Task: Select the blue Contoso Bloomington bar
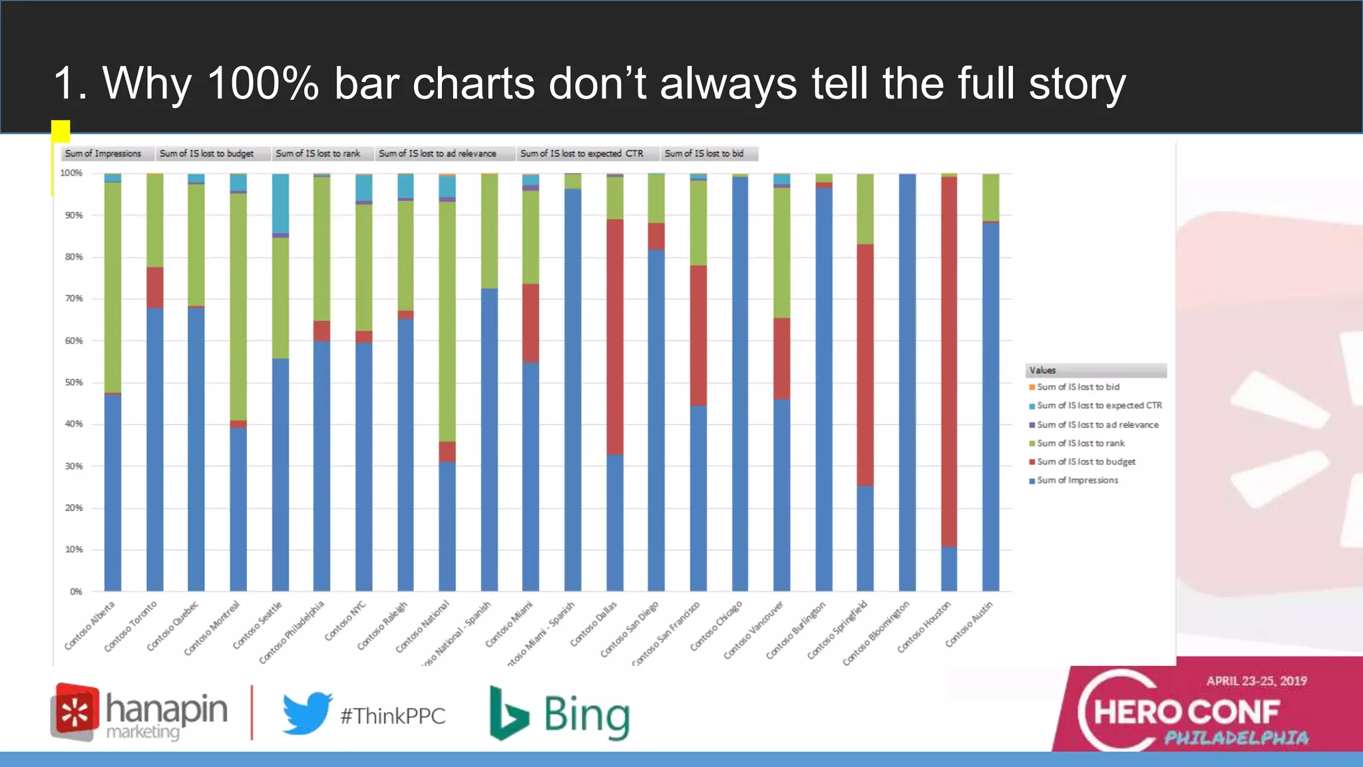(x=907, y=383)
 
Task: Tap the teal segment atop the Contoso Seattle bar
(x=280, y=203)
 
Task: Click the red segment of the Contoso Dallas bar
(x=615, y=337)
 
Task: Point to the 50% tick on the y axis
(x=74, y=383)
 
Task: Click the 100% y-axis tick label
(x=71, y=173)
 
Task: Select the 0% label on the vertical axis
(x=76, y=591)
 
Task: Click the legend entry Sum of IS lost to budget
(x=1085, y=461)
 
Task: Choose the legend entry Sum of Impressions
(x=1077, y=480)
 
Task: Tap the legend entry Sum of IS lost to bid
(x=1077, y=387)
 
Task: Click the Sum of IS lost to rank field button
(x=318, y=154)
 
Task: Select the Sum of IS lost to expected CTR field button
(x=582, y=154)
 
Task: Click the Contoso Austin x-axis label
(x=969, y=625)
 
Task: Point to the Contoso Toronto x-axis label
(x=131, y=627)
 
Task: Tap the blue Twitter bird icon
(x=307, y=713)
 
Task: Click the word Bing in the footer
(x=586, y=716)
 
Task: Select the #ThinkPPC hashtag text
(x=393, y=716)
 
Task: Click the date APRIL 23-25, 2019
(x=1257, y=681)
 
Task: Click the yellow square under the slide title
(x=61, y=131)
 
